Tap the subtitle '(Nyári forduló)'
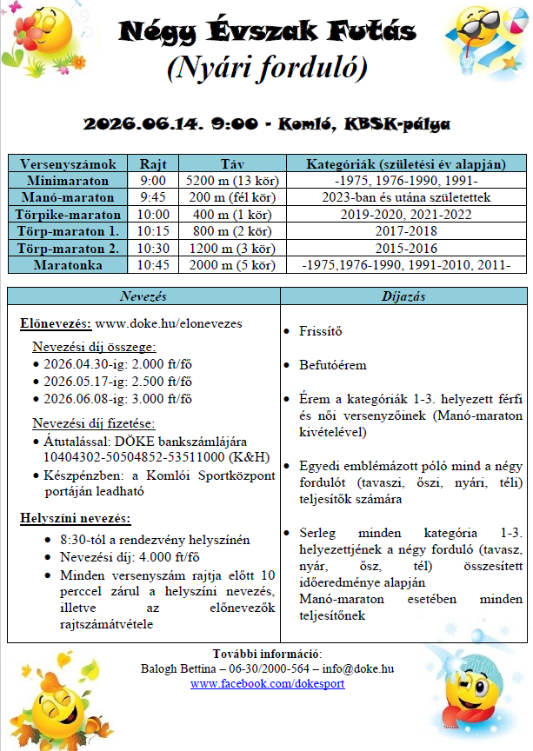(267, 68)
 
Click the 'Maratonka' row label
(68, 264)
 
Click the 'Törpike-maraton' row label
(68, 215)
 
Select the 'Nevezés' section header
(143, 296)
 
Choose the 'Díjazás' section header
(403, 296)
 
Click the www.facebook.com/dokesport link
(267, 684)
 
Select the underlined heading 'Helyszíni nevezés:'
(76, 519)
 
